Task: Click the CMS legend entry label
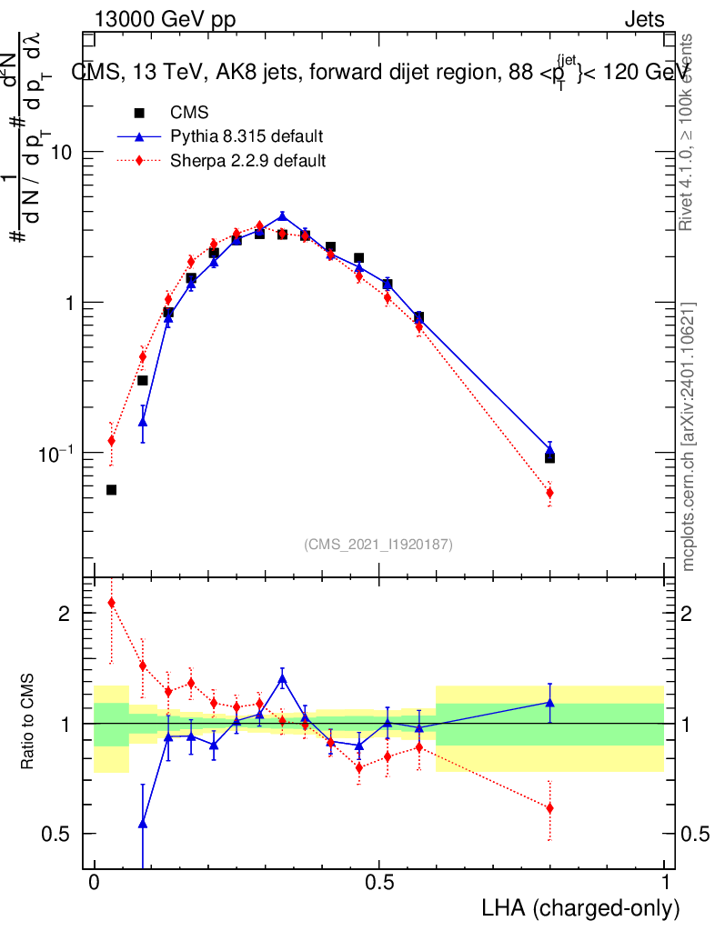(x=189, y=114)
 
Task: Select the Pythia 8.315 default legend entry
(x=247, y=137)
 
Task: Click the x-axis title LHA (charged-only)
(x=579, y=908)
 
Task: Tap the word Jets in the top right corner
(x=643, y=20)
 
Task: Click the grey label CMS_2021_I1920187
(x=378, y=544)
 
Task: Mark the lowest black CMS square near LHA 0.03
(x=111, y=490)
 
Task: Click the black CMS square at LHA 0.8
(x=549, y=457)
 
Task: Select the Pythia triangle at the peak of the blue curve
(x=282, y=216)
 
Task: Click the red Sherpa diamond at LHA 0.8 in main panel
(x=549, y=493)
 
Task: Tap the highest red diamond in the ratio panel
(x=111, y=602)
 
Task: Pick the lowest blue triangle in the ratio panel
(x=142, y=823)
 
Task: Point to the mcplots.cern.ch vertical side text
(x=690, y=437)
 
